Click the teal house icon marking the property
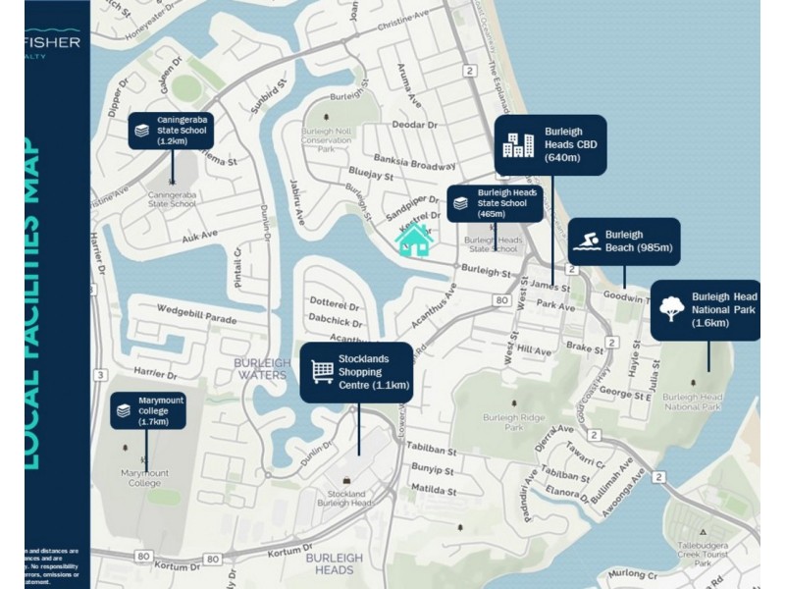414,240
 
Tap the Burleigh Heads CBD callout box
549,145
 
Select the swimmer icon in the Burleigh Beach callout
587,241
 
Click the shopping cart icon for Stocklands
322,372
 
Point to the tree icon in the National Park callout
671,308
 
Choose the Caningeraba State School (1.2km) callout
171,131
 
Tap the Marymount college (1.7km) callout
147,410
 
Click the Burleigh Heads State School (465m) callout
495,203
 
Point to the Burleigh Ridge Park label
513,422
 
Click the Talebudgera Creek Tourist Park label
706,554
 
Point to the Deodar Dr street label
414,126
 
